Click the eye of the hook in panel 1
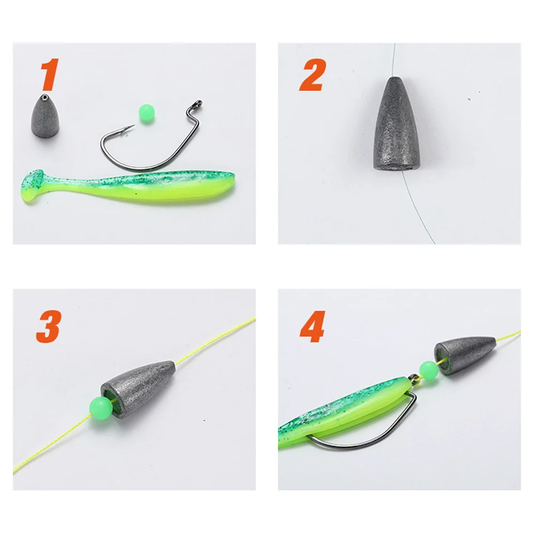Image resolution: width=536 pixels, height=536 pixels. (x=198, y=103)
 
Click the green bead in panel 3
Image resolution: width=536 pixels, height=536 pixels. (x=100, y=408)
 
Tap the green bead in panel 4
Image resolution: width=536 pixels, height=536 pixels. (x=428, y=369)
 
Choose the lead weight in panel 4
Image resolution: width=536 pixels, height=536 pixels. (x=465, y=354)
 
